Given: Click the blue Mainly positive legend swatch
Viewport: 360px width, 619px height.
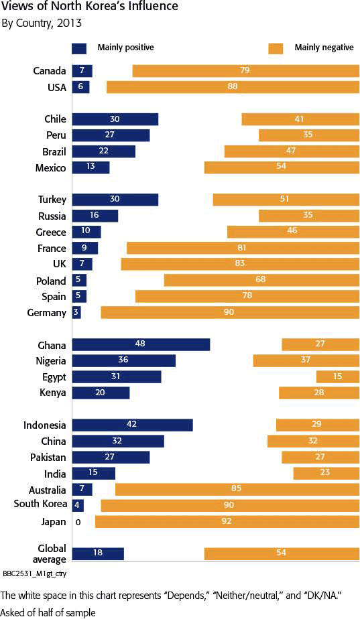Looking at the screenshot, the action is [79, 48].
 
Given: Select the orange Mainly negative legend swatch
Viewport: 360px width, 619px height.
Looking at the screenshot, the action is [276, 48].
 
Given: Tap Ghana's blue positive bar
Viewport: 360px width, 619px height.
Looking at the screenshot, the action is [141, 344].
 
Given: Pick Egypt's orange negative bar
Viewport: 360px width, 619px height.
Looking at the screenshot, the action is [337, 376].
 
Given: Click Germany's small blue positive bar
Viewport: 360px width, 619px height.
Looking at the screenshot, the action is [76, 313].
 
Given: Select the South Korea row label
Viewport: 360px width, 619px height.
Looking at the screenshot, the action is [40, 504].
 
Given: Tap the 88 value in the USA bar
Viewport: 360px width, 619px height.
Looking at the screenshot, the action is [233, 86].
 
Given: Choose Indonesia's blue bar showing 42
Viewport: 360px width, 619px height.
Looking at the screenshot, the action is [132, 425].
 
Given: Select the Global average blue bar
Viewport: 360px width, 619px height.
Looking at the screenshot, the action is [98, 554].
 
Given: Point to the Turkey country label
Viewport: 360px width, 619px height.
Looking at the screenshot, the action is [52, 200].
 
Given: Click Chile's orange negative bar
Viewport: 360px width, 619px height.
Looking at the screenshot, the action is [300, 119].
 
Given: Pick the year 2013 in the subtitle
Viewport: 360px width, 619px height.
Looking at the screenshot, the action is [68, 23].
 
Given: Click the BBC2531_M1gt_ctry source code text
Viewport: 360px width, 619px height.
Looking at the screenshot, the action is [34, 574].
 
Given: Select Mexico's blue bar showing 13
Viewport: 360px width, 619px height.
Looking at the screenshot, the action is [91, 167].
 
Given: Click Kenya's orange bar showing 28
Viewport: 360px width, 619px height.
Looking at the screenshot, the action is [319, 393].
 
